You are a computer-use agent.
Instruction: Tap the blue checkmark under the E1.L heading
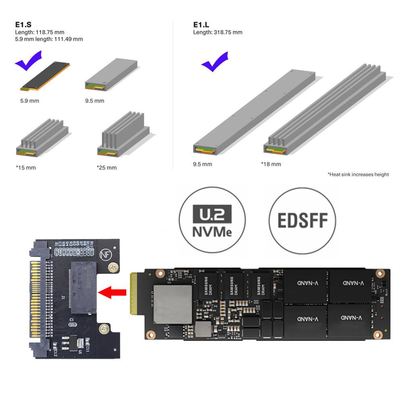[214, 62]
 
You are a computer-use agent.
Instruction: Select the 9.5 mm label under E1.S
[94, 101]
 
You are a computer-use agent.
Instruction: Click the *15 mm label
[25, 167]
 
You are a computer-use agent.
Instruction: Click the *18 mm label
[271, 164]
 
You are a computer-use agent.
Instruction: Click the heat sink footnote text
[358, 174]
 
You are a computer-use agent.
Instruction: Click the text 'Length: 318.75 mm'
[218, 32]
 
